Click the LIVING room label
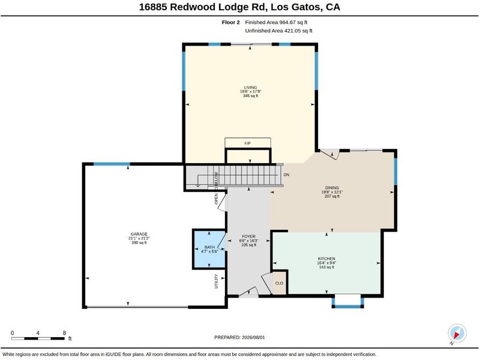tap(250, 88)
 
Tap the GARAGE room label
tap(139, 234)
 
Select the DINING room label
tap(332, 188)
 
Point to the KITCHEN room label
tap(326, 259)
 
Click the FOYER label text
tap(248, 236)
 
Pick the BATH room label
tap(209, 247)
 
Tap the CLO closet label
tap(279, 283)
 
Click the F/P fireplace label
tap(248, 143)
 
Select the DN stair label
tap(286, 175)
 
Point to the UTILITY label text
tap(216, 281)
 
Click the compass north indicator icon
tap(457, 334)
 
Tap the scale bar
tap(38, 338)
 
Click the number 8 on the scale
tap(64, 333)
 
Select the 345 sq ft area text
tap(250, 96)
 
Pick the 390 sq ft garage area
tap(139, 243)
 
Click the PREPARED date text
tap(239, 337)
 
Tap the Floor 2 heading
tap(231, 22)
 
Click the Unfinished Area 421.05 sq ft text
tap(278, 31)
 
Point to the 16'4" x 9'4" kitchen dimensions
tap(326, 263)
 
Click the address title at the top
tap(239, 7)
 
